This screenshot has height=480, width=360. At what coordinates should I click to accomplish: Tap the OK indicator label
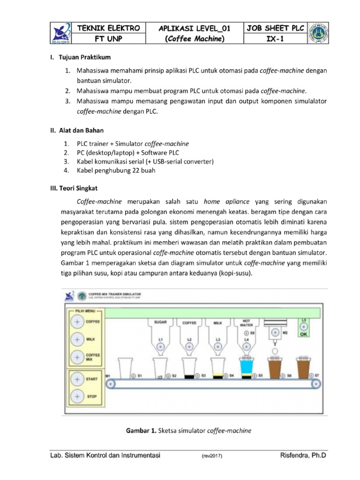click(x=303, y=335)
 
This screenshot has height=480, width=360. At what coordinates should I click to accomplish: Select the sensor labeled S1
click(x=133, y=375)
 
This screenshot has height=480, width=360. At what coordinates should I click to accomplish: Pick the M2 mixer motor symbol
click(x=276, y=332)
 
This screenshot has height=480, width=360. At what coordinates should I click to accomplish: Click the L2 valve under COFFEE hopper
click(x=189, y=346)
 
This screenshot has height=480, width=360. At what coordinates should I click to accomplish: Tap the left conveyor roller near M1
click(x=111, y=384)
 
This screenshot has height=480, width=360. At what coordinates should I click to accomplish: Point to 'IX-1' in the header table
click(x=275, y=39)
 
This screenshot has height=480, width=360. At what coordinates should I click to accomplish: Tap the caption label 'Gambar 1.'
click(x=141, y=430)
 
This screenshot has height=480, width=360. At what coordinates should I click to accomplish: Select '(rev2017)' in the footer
click(x=212, y=456)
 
